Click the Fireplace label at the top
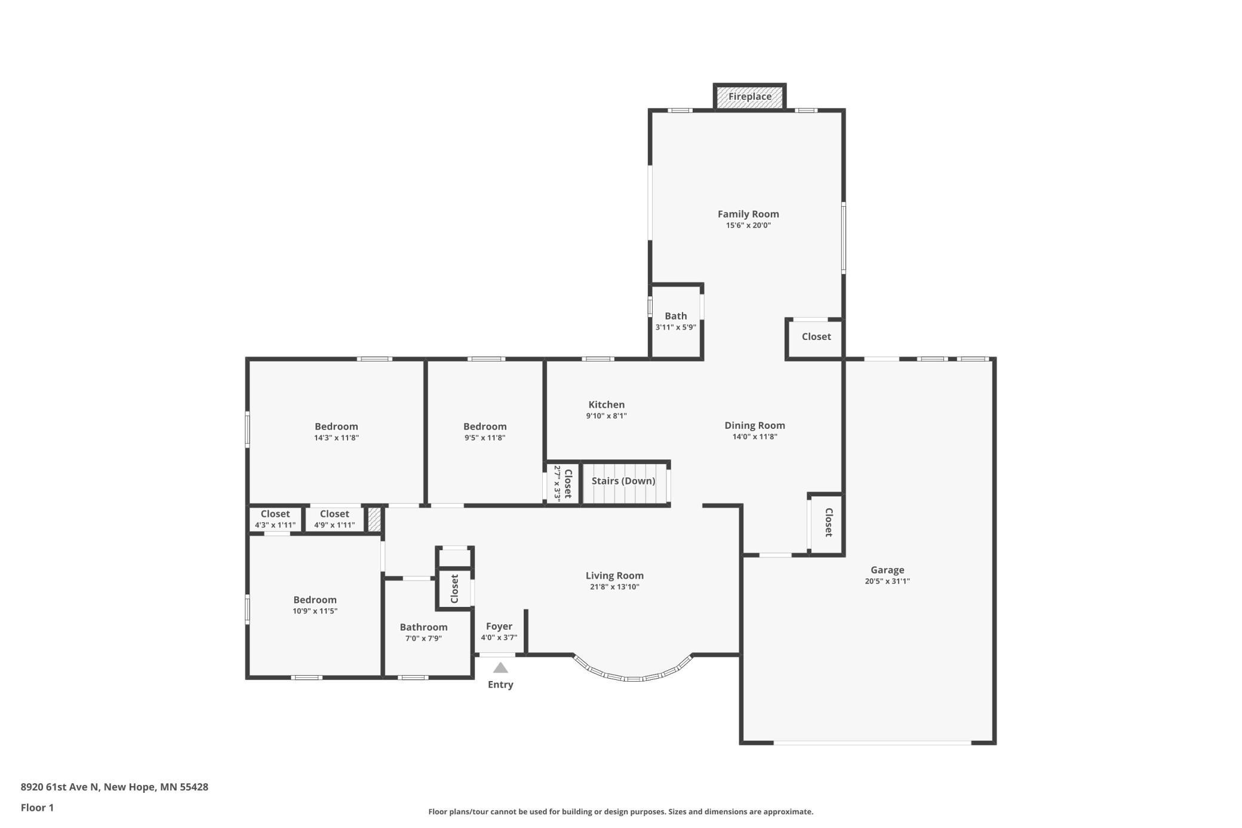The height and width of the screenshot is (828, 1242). [749, 96]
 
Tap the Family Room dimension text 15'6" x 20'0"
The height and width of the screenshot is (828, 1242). [748, 225]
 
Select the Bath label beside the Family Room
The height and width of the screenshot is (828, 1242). [676, 316]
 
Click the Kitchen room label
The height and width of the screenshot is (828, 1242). [607, 404]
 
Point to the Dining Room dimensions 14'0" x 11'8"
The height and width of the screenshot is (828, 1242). [755, 437]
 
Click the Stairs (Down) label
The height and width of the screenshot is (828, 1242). [623, 481]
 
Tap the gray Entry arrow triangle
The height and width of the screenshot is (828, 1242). [500, 667]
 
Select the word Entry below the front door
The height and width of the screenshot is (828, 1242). [500, 685]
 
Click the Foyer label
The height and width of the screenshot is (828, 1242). [499, 626]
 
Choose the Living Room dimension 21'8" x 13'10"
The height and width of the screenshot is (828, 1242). [614, 587]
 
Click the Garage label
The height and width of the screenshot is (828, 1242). [887, 570]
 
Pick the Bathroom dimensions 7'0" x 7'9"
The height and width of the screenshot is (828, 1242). [423, 638]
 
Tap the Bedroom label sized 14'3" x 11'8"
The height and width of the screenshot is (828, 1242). [336, 427]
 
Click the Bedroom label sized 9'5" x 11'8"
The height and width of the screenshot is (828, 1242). [485, 427]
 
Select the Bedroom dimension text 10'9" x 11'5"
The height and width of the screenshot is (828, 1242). [315, 611]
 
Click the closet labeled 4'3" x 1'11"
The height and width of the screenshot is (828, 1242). [275, 514]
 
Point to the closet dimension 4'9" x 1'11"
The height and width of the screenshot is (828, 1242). [334, 525]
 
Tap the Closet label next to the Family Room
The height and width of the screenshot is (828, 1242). [816, 336]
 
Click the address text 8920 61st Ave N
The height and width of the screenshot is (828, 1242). [60, 787]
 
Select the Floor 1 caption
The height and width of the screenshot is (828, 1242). [37, 808]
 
